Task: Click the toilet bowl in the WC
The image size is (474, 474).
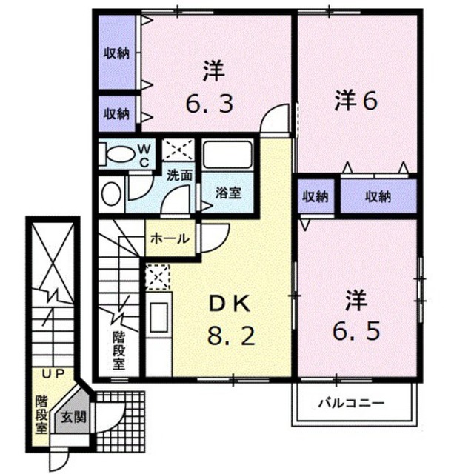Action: click(x=120, y=154)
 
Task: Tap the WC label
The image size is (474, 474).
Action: click(x=144, y=156)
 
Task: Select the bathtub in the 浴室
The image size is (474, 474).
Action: click(x=227, y=155)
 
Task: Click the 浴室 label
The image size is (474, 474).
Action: click(x=228, y=193)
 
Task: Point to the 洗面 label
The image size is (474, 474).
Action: click(x=179, y=176)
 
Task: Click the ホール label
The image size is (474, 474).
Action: click(x=170, y=238)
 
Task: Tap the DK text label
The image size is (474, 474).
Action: click(x=230, y=304)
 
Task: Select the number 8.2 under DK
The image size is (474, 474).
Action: click(x=231, y=336)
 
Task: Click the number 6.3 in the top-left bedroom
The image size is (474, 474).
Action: click(x=209, y=104)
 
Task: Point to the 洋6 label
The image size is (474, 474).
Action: click(x=355, y=101)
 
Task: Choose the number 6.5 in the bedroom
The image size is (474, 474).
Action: click(x=355, y=331)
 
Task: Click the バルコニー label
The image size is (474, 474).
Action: click(x=352, y=403)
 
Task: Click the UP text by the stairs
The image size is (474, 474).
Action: click(x=53, y=375)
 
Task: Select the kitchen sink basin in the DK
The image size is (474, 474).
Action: click(x=158, y=318)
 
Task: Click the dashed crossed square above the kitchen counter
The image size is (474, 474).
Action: click(x=157, y=276)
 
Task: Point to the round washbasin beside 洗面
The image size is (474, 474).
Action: click(x=111, y=193)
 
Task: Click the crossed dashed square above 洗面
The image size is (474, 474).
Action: click(x=178, y=150)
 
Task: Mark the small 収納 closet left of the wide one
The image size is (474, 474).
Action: click(x=316, y=196)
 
